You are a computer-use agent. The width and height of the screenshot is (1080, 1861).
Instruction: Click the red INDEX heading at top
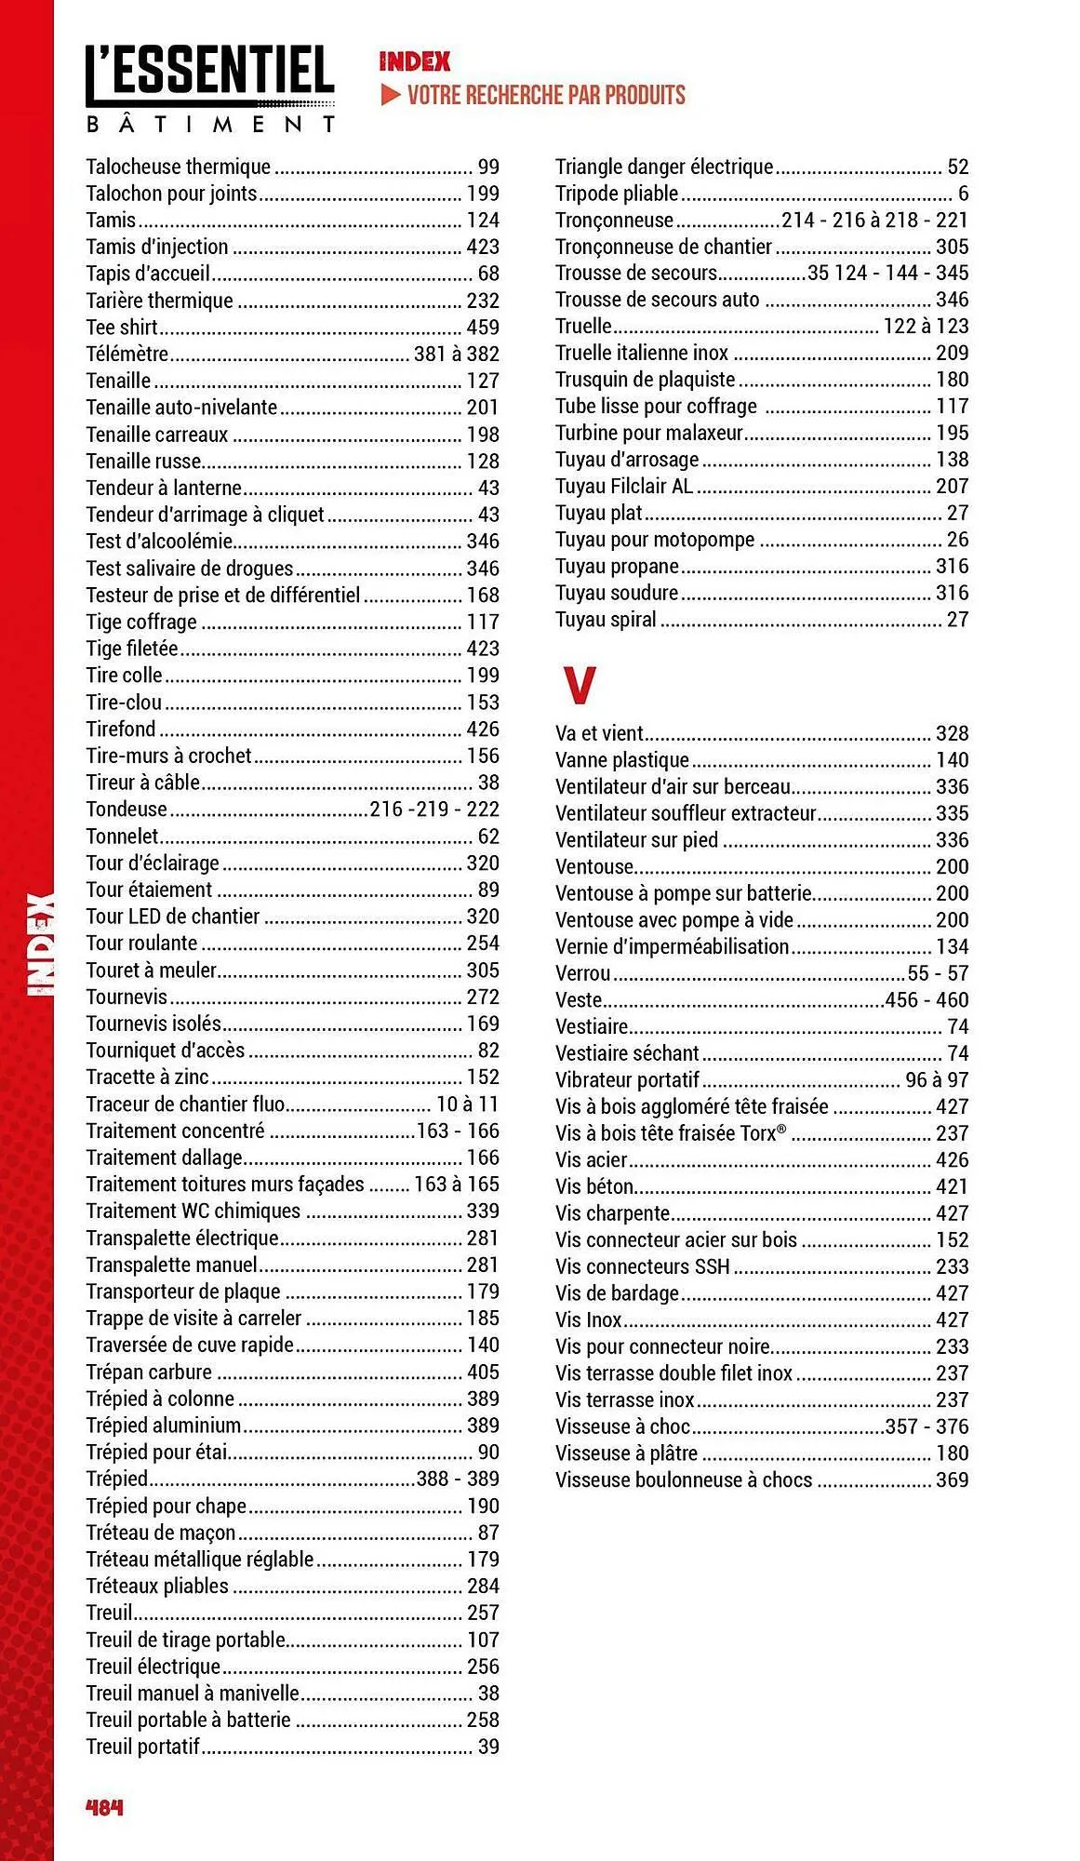tap(414, 61)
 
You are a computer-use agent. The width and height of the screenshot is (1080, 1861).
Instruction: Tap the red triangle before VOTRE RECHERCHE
tap(391, 95)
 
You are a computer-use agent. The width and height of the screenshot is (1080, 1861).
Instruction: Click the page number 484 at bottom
tap(104, 1807)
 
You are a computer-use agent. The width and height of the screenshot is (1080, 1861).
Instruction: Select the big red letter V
tap(579, 685)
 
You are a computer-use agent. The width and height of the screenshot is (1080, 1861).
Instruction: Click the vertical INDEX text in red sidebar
tap(42, 944)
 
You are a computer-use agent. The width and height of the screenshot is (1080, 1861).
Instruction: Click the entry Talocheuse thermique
tap(179, 167)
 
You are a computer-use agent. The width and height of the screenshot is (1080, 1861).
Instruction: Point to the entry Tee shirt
tap(122, 328)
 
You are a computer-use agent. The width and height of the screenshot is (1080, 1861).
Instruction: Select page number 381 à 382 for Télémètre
tap(456, 355)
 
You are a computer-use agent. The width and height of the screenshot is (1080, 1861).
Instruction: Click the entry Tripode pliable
tap(617, 194)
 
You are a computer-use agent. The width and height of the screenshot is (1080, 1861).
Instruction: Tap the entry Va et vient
tap(600, 733)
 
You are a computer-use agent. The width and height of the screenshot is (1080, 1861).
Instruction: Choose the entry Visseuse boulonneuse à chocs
tap(684, 1479)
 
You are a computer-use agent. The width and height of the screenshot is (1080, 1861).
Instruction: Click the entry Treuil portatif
tap(143, 1747)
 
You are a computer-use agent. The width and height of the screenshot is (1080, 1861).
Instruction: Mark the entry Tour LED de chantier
tap(173, 917)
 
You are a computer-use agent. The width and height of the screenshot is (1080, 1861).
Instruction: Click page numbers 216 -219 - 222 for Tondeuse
tap(434, 810)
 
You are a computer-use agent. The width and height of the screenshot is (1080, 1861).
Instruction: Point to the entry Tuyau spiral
tap(606, 620)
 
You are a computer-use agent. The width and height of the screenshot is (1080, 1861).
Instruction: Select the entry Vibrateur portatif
tap(627, 1079)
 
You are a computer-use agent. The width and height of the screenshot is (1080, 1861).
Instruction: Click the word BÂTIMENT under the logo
tap(211, 124)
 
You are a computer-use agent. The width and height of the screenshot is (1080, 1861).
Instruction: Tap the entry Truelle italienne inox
tap(642, 353)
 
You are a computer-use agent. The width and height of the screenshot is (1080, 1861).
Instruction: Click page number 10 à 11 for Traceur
tap(467, 1105)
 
